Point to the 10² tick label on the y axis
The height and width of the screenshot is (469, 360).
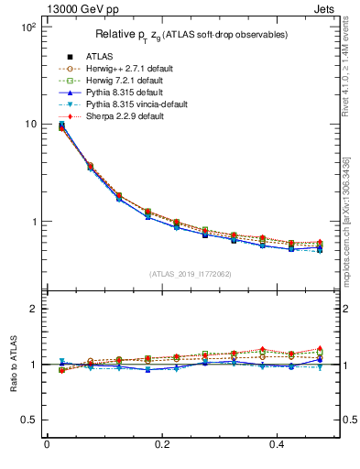tap(27, 27)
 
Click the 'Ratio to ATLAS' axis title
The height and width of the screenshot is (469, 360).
tap(12, 364)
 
